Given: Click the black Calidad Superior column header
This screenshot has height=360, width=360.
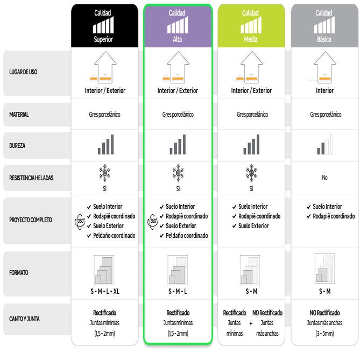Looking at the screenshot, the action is click(x=105, y=26).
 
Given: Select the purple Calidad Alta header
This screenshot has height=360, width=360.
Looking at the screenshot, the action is click(x=178, y=26).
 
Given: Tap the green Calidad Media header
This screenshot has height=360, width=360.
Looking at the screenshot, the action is click(x=251, y=26).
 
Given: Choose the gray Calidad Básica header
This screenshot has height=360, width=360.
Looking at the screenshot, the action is click(x=324, y=26).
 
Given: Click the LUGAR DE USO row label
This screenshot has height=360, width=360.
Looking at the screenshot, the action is click(x=23, y=72).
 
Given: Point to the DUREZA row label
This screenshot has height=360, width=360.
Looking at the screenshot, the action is click(x=17, y=146).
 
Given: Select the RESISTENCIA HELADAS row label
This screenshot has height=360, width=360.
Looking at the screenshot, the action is click(x=31, y=178).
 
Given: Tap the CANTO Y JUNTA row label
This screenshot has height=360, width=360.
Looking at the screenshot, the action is click(x=24, y=319).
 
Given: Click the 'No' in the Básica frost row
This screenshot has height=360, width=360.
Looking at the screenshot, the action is click(x=324, y=177).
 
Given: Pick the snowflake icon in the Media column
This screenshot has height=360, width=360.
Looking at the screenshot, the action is click(x=251, y=173).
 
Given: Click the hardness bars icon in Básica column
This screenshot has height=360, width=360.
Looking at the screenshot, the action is click(x=325, y=144).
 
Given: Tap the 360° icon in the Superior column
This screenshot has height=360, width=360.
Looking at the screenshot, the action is click(x=80, y=221).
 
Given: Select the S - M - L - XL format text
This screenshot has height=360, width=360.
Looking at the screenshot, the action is click(x=105, y=291).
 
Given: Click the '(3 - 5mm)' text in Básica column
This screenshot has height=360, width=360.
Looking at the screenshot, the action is click(x=324, y=333).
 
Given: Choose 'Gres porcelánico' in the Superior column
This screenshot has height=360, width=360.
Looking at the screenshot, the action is click(x=105, y=114).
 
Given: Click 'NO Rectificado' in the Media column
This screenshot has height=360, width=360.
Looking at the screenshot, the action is click(x=267, y=313).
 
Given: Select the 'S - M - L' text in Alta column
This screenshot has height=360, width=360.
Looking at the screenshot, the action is click(x=178, y=291).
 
